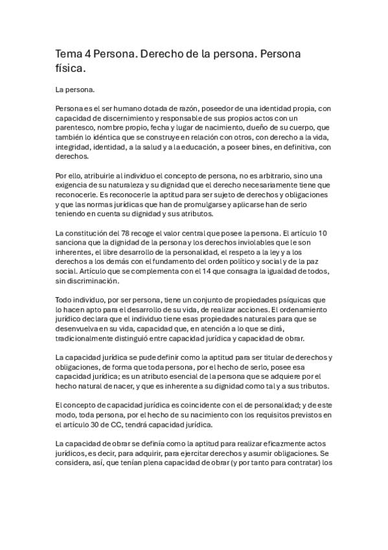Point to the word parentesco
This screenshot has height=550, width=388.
(76, 128)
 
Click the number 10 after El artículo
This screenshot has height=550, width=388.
(322, 233)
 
